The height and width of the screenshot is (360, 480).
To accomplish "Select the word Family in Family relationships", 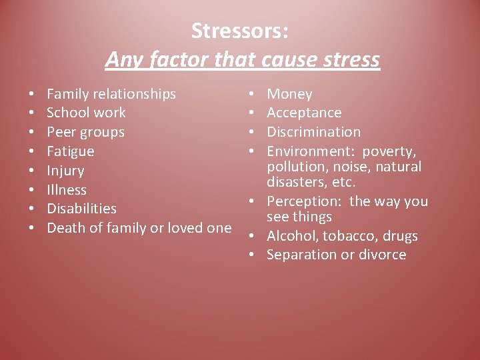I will coord(68,94).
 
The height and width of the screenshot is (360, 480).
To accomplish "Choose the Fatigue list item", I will coord(71,151).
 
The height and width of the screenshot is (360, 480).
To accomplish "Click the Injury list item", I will coord(65,171).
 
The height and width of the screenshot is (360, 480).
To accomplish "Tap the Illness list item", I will coord(67,189).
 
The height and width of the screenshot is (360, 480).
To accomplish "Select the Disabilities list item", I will coord(81,209).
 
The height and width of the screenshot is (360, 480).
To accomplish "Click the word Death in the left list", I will coord(65,227).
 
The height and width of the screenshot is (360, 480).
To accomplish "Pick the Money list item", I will coord(289,94).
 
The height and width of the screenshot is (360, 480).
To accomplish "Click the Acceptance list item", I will coord(304,113).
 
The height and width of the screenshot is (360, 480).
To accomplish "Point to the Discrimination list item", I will coord(313,132).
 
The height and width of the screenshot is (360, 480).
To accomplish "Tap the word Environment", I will coord(310,151).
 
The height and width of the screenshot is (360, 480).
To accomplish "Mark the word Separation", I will coord(299,255).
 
